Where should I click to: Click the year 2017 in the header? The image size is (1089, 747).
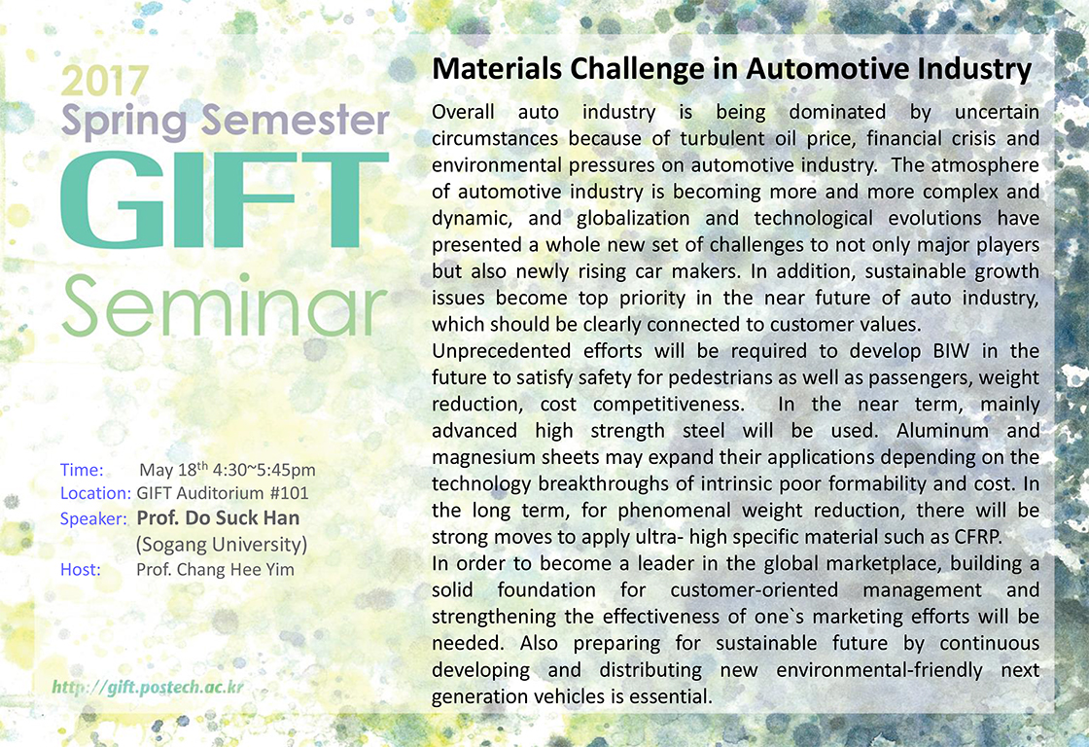(x=105, y=82)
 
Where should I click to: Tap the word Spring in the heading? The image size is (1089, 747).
(x=124, y=121)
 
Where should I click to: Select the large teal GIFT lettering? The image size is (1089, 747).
(x=225, y=200)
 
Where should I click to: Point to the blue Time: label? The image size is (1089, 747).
(x=82, y=470)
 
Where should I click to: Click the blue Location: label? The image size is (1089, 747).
(x=96, y=493)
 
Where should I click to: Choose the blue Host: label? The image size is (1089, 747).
(x=81, y=570)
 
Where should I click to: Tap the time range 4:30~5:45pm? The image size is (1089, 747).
(x=263, y=471)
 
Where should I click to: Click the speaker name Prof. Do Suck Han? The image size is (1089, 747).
(x=218, y=518)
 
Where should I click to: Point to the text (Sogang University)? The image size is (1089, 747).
(x=222, y=544)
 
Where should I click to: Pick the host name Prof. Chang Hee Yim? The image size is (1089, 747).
(x=215, y=570)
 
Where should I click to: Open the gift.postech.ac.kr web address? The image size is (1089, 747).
(x=148, y=688)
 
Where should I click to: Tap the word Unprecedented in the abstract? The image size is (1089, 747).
(x=500, y=351)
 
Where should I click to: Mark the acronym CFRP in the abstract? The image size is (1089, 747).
(x=978, y=537)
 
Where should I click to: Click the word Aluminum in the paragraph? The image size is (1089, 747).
(x=942, y=431)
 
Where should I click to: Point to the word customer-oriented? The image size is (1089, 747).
(x=755, y=590)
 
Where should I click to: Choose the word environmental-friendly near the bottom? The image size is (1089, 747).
(x=879, y=670)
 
